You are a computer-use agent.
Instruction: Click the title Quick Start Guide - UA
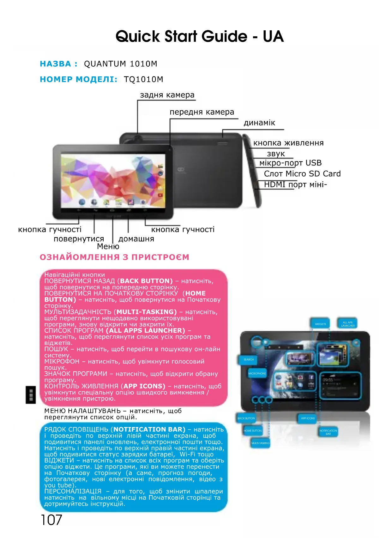coord(199,36)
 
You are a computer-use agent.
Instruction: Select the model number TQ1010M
coord(143,79)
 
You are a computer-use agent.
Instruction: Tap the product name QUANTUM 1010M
coord(120,64)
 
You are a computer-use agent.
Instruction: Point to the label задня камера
coord(167,95)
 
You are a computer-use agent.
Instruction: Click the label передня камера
coord(202,112)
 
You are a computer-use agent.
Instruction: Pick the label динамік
coord(259,123)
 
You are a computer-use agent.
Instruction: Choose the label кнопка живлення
coord(288,143)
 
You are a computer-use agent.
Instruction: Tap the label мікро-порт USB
coord(290,163)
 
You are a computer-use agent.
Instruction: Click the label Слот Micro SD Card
coord(302,174)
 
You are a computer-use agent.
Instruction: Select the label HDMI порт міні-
coord(295,184)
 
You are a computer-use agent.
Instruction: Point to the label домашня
coord(136,239)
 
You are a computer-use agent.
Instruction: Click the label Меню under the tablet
coord(108,246)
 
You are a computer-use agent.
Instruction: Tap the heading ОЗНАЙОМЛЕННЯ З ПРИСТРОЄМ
coord(114,257)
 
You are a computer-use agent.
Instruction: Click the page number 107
coord(51,520)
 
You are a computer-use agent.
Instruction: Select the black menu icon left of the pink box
coord(31,394)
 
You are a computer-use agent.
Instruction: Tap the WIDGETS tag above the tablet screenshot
coord(320,324)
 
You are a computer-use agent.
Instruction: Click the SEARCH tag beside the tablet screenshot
coord(249,359)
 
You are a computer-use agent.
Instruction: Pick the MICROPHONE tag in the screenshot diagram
coord(257,373)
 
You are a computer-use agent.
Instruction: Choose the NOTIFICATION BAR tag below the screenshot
coord(328,432)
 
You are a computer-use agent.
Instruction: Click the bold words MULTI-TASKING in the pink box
coord(146,312)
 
